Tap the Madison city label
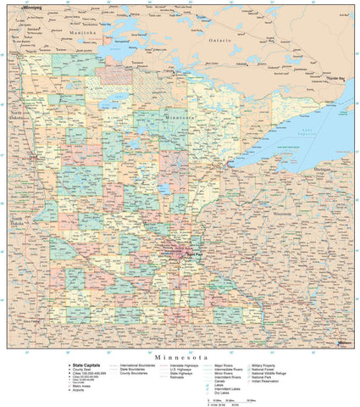342,342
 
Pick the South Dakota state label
16,221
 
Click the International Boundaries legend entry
139,366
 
